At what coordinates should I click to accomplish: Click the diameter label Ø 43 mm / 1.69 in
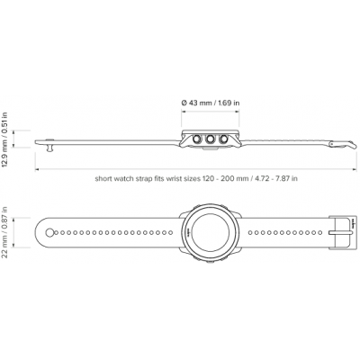[211, 103]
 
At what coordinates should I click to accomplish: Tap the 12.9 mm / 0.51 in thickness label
[4, 139]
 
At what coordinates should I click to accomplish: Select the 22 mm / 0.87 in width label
[4, 232]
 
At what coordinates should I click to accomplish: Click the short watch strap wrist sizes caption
[196, 179]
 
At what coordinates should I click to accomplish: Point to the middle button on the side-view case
[210, 139]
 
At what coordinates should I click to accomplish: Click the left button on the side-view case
[197, 139]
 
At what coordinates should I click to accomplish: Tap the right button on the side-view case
[223, 139]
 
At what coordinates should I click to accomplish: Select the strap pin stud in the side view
[49, 145]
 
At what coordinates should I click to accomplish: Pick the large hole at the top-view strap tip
[49, 232]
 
